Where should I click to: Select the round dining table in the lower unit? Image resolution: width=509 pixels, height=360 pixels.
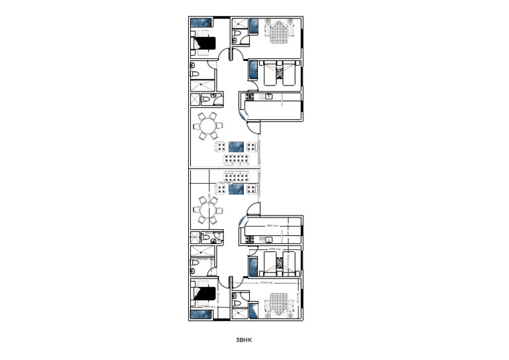pos(209,211)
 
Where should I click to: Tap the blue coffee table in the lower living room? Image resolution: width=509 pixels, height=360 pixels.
pos(237,190)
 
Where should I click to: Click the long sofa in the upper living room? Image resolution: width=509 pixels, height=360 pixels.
pos(237,160)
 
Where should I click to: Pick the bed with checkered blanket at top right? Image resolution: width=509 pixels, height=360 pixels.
pos(279,31)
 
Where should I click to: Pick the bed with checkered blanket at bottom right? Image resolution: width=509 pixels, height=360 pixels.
pos(279,306)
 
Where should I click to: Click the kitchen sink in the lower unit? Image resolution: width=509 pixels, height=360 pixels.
pos(268,239)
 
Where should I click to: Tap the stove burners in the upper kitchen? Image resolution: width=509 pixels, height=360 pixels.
pos(250,98)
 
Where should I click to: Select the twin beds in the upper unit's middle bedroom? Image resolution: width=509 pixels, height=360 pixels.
pos(278,73)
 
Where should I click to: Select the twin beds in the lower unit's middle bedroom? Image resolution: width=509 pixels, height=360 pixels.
pos(278,263)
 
